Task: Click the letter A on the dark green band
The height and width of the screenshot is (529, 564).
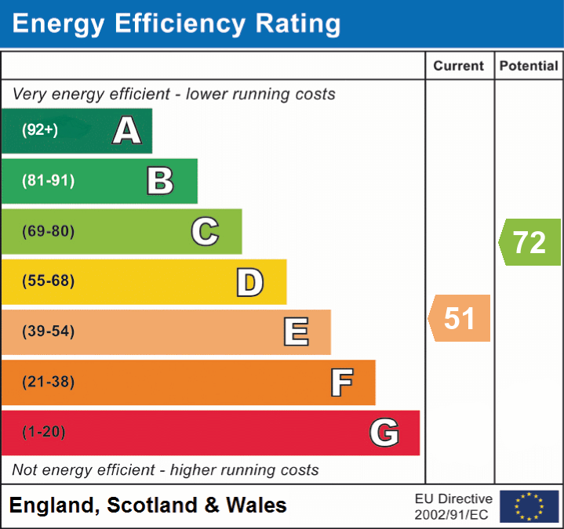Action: point(127,130)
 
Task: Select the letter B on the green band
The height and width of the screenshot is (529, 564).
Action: point(160,181)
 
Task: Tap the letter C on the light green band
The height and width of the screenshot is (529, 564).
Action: point(205,231)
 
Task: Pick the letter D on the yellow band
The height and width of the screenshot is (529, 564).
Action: point(249,282)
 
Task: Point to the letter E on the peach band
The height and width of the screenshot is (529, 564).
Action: point(296,332)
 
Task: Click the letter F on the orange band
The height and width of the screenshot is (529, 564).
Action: point(341,382)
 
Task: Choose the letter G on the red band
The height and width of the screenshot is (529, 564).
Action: point(384,433)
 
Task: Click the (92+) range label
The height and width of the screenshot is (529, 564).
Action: point(40,130)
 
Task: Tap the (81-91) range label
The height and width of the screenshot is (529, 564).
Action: point(48,181)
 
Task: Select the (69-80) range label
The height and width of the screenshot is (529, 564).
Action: point(48,231)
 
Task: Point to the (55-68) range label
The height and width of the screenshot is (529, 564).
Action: point(48,281)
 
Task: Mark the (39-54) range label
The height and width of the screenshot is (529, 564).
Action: point(48,332)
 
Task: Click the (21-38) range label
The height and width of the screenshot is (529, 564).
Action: point(48,382)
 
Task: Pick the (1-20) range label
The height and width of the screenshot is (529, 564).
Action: point(44,432)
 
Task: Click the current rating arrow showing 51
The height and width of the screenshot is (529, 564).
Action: point(460,318)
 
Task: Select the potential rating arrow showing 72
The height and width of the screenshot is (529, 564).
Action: point(529,242)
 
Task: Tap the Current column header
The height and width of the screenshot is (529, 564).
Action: point(460,67)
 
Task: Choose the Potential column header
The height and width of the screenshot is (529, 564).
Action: point(529,67)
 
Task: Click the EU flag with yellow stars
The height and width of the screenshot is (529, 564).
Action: point(529,506)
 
